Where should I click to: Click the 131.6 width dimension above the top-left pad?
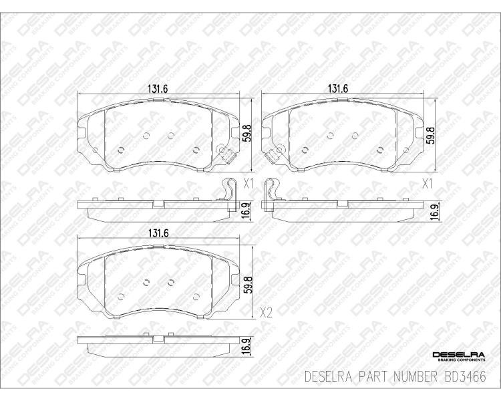[158, 89]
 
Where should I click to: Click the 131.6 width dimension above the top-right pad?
[337, 89]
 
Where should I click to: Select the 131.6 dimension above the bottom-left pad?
[158, 233]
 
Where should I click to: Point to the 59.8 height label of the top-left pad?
[246, 134]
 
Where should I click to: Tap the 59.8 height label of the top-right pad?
[431, 134]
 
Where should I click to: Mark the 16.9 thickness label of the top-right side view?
[434, 212]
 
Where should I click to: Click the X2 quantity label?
[266, 312]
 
